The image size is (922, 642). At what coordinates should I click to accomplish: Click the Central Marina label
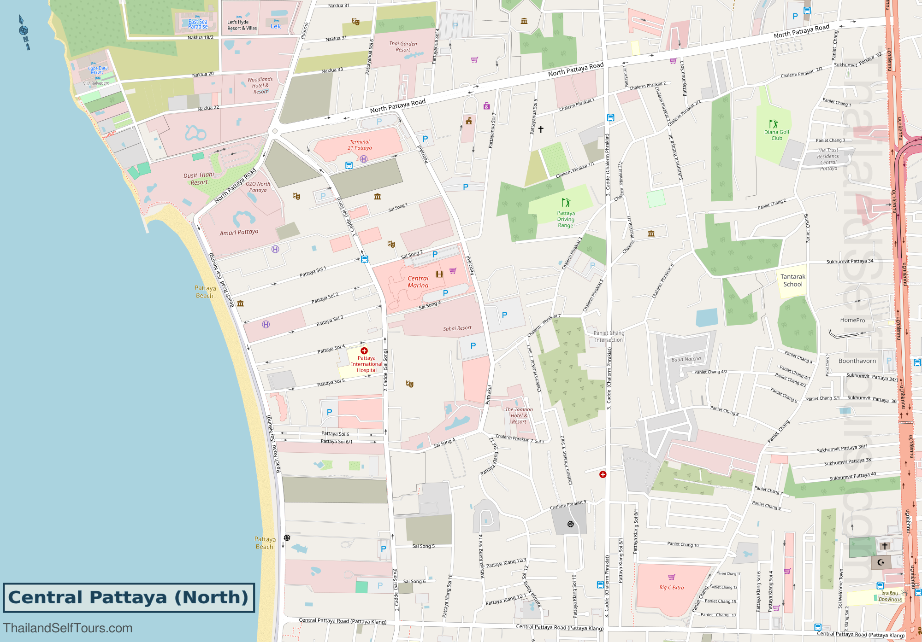tap(418, 282)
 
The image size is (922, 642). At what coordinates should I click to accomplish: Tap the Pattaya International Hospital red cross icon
tap(364, 351)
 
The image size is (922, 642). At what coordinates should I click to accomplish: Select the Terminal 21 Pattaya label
tap(360, 145)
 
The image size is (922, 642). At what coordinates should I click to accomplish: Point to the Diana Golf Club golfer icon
tap(773, 124)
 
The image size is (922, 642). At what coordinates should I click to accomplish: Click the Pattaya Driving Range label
tap(566, 219)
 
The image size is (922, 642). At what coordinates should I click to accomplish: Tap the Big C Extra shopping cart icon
tap(672, 577)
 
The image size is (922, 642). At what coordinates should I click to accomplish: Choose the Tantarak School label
tap(793, 280)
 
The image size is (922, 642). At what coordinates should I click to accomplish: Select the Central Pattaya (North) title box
tap(129, 598)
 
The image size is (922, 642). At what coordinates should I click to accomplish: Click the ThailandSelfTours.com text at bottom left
tap(68, 628)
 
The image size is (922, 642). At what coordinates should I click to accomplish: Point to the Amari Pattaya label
tap(239, 233)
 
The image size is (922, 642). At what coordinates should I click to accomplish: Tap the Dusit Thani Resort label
tap(199, 179)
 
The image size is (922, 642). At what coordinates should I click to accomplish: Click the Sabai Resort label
tap(457, 328)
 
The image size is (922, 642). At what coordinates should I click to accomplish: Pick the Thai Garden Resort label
tap(403, 47)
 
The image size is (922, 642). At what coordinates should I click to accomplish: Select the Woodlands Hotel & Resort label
tap(260, 86)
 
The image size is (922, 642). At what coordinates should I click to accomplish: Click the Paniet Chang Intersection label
tap(609, 337)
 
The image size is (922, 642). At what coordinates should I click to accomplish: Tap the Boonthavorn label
tap(857, 361)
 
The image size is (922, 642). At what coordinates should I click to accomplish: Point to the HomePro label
tap(852, 320)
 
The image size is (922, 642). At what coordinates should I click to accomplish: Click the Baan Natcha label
tap(686, 359)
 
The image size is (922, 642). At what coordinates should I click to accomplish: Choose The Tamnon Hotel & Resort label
tap(519, 415)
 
